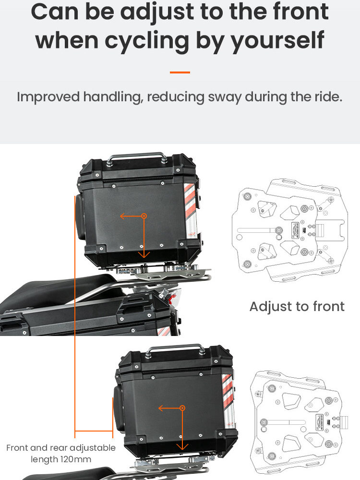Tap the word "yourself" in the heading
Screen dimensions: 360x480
[277, 40]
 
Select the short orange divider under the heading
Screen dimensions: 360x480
[180, 72]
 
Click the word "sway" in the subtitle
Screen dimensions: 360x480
[225, 97]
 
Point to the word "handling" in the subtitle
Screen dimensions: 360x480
[113, 97]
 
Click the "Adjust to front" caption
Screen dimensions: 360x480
[297, 307]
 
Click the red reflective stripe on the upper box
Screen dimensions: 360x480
[190, 199]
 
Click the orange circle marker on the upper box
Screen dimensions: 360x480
[144, 216]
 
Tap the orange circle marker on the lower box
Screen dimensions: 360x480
[182, 408]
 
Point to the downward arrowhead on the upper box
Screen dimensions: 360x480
[144, 255]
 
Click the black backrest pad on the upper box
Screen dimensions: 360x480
[81, 216]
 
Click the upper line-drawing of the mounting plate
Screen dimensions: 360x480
[289, 230]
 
